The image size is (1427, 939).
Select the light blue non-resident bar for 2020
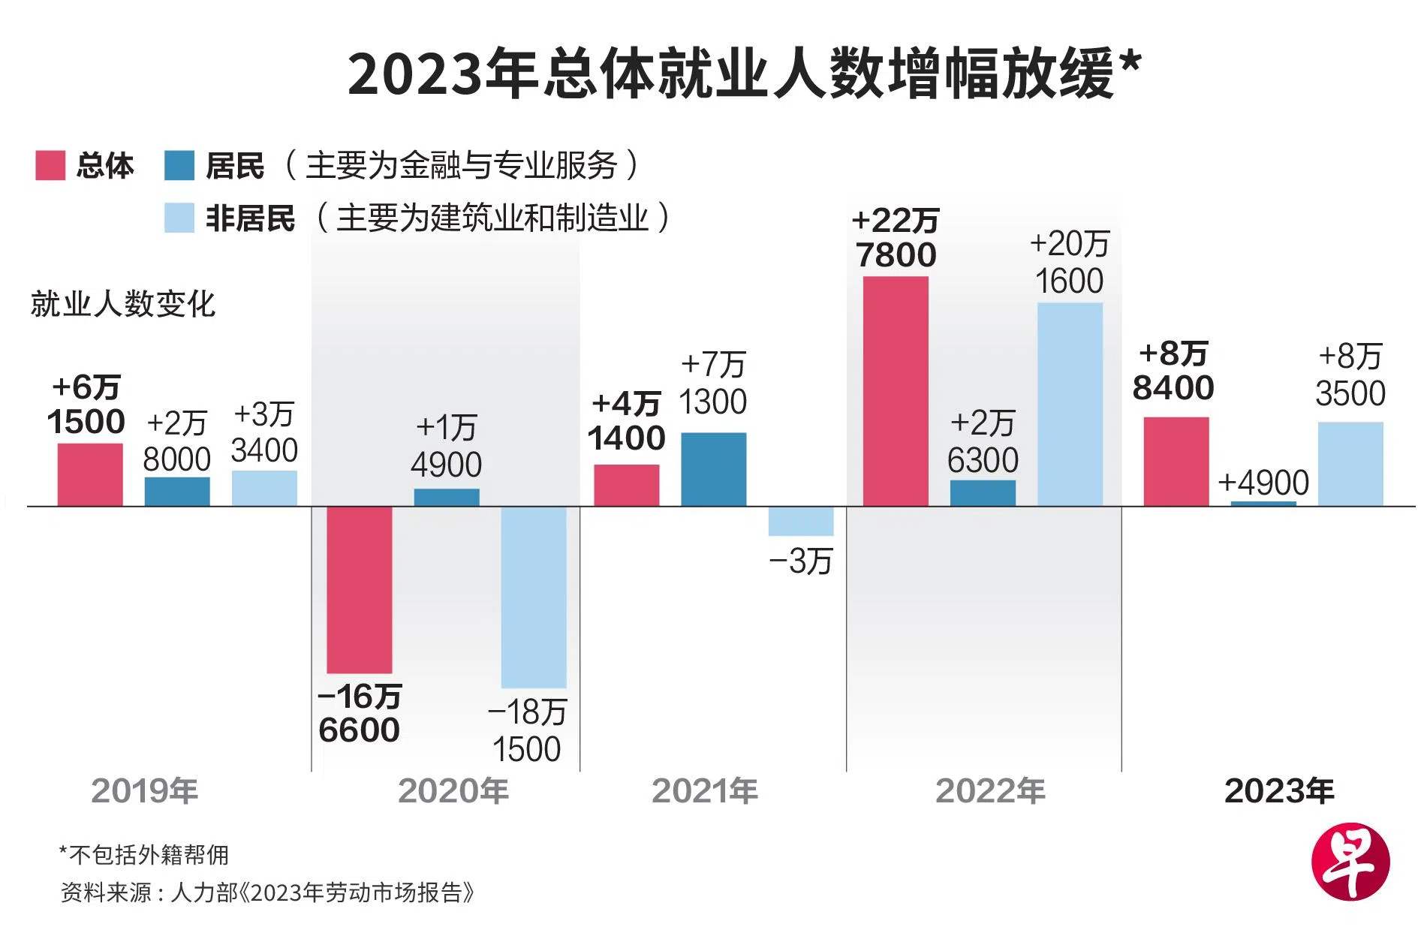click(x=533, y=597)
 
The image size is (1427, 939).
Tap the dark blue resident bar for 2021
click(x=713, y=469)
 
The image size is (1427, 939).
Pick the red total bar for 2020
click(x=359, y=589)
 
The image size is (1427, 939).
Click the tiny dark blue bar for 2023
click(x=1263, y=504)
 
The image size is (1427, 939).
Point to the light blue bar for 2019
click(x=264, y=488)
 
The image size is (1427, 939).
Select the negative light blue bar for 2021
click(x=800, y=521)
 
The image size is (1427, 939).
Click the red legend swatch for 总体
click(x=50, y=166)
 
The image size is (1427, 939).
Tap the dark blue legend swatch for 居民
click(x=179, y=166)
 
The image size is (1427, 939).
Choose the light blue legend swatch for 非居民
click(x=179, y=218)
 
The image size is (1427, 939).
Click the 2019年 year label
click(x=144, y=791)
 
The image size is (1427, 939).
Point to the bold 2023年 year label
click(x=1278, y=791)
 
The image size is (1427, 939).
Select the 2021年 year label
click(x=704, y=791)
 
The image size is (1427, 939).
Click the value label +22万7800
click(x=896, y=238)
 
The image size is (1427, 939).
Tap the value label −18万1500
click(x=526, y=730)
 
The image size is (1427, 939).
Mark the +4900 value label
click(x=1263, y=482)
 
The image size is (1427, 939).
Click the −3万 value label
click(x=800, y=561)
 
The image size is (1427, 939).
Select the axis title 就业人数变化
click(x=122, y=304)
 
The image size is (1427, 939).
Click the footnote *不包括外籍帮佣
click(x=143, y=854)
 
